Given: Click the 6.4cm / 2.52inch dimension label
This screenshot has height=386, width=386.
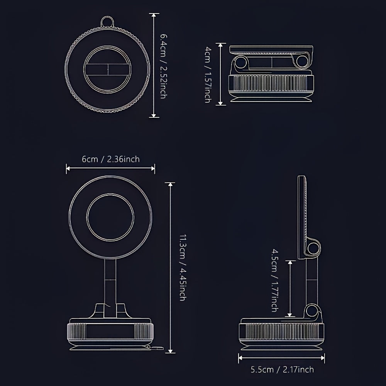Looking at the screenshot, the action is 163,66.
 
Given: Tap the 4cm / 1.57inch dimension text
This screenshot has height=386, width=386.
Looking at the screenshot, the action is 208,74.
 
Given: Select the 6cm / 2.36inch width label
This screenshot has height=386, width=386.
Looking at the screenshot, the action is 110,159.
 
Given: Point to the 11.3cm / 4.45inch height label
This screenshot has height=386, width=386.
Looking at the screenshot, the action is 183,267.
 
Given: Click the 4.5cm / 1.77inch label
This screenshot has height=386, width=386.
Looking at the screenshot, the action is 275,281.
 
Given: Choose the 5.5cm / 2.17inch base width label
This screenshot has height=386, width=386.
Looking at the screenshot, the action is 282,369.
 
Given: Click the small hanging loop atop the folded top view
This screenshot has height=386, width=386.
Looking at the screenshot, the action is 107,22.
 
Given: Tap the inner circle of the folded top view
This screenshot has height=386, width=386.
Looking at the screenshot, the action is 107,69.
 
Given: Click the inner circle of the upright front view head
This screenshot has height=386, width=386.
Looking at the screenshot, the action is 110,217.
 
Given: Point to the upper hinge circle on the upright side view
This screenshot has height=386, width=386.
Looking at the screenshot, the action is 313,248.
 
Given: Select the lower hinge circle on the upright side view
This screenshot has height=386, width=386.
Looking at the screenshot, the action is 312,311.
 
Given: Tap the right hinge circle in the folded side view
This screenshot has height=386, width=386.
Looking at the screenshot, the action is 302,61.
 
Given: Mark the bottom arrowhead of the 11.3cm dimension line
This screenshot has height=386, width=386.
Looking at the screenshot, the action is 170,351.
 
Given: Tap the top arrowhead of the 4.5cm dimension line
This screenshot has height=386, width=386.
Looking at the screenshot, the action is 290,262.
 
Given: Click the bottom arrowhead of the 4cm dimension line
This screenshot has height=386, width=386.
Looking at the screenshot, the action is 220,103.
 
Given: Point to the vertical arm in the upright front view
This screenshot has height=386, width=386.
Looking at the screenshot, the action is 110,288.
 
